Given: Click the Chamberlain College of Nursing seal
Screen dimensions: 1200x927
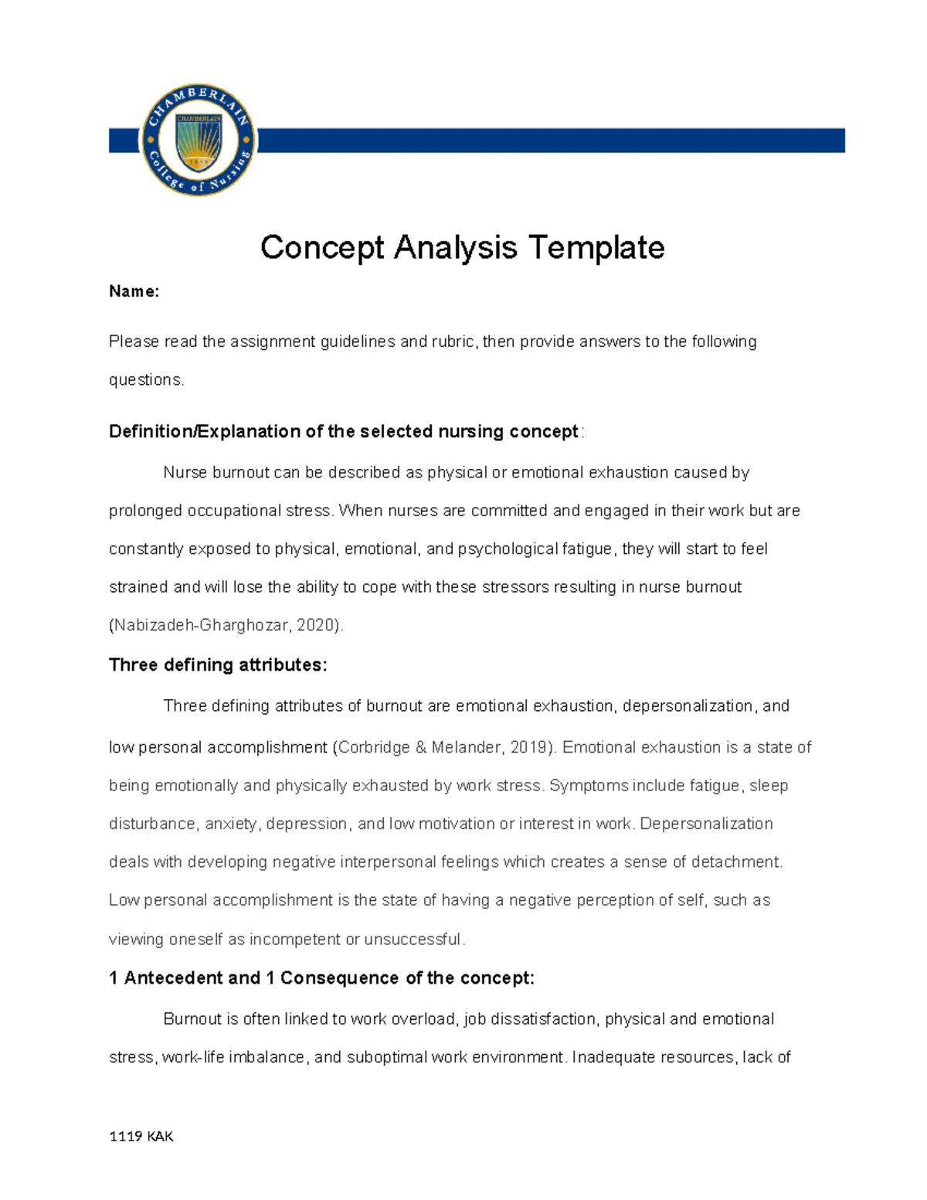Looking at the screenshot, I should pyautogui.click(x=199, y=140).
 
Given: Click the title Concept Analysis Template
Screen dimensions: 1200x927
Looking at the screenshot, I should pyautogui.click(x=462, y=248).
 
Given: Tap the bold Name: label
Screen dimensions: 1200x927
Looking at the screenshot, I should pyautogui.click(x=134, y=291).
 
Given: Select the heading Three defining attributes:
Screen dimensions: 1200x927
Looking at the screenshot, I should pyautogui.click(x=218, y=665).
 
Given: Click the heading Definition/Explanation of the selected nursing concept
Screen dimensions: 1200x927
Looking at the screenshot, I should pyautogui.click(x=344, y=432).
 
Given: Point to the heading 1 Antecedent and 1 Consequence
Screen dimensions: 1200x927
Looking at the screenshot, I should pyautogui.click(x=321, y=978).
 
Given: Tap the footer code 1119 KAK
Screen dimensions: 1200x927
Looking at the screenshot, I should pyautogui.click(x=141, y=1136).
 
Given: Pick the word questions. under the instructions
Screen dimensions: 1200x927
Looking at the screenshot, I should pyautogui.click(x=147, y=379).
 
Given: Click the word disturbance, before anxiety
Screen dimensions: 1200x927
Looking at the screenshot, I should pyautogui.click(x=153, y=824).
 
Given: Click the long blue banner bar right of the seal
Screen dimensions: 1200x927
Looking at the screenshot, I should pyautogui.click(x=550, y=141).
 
